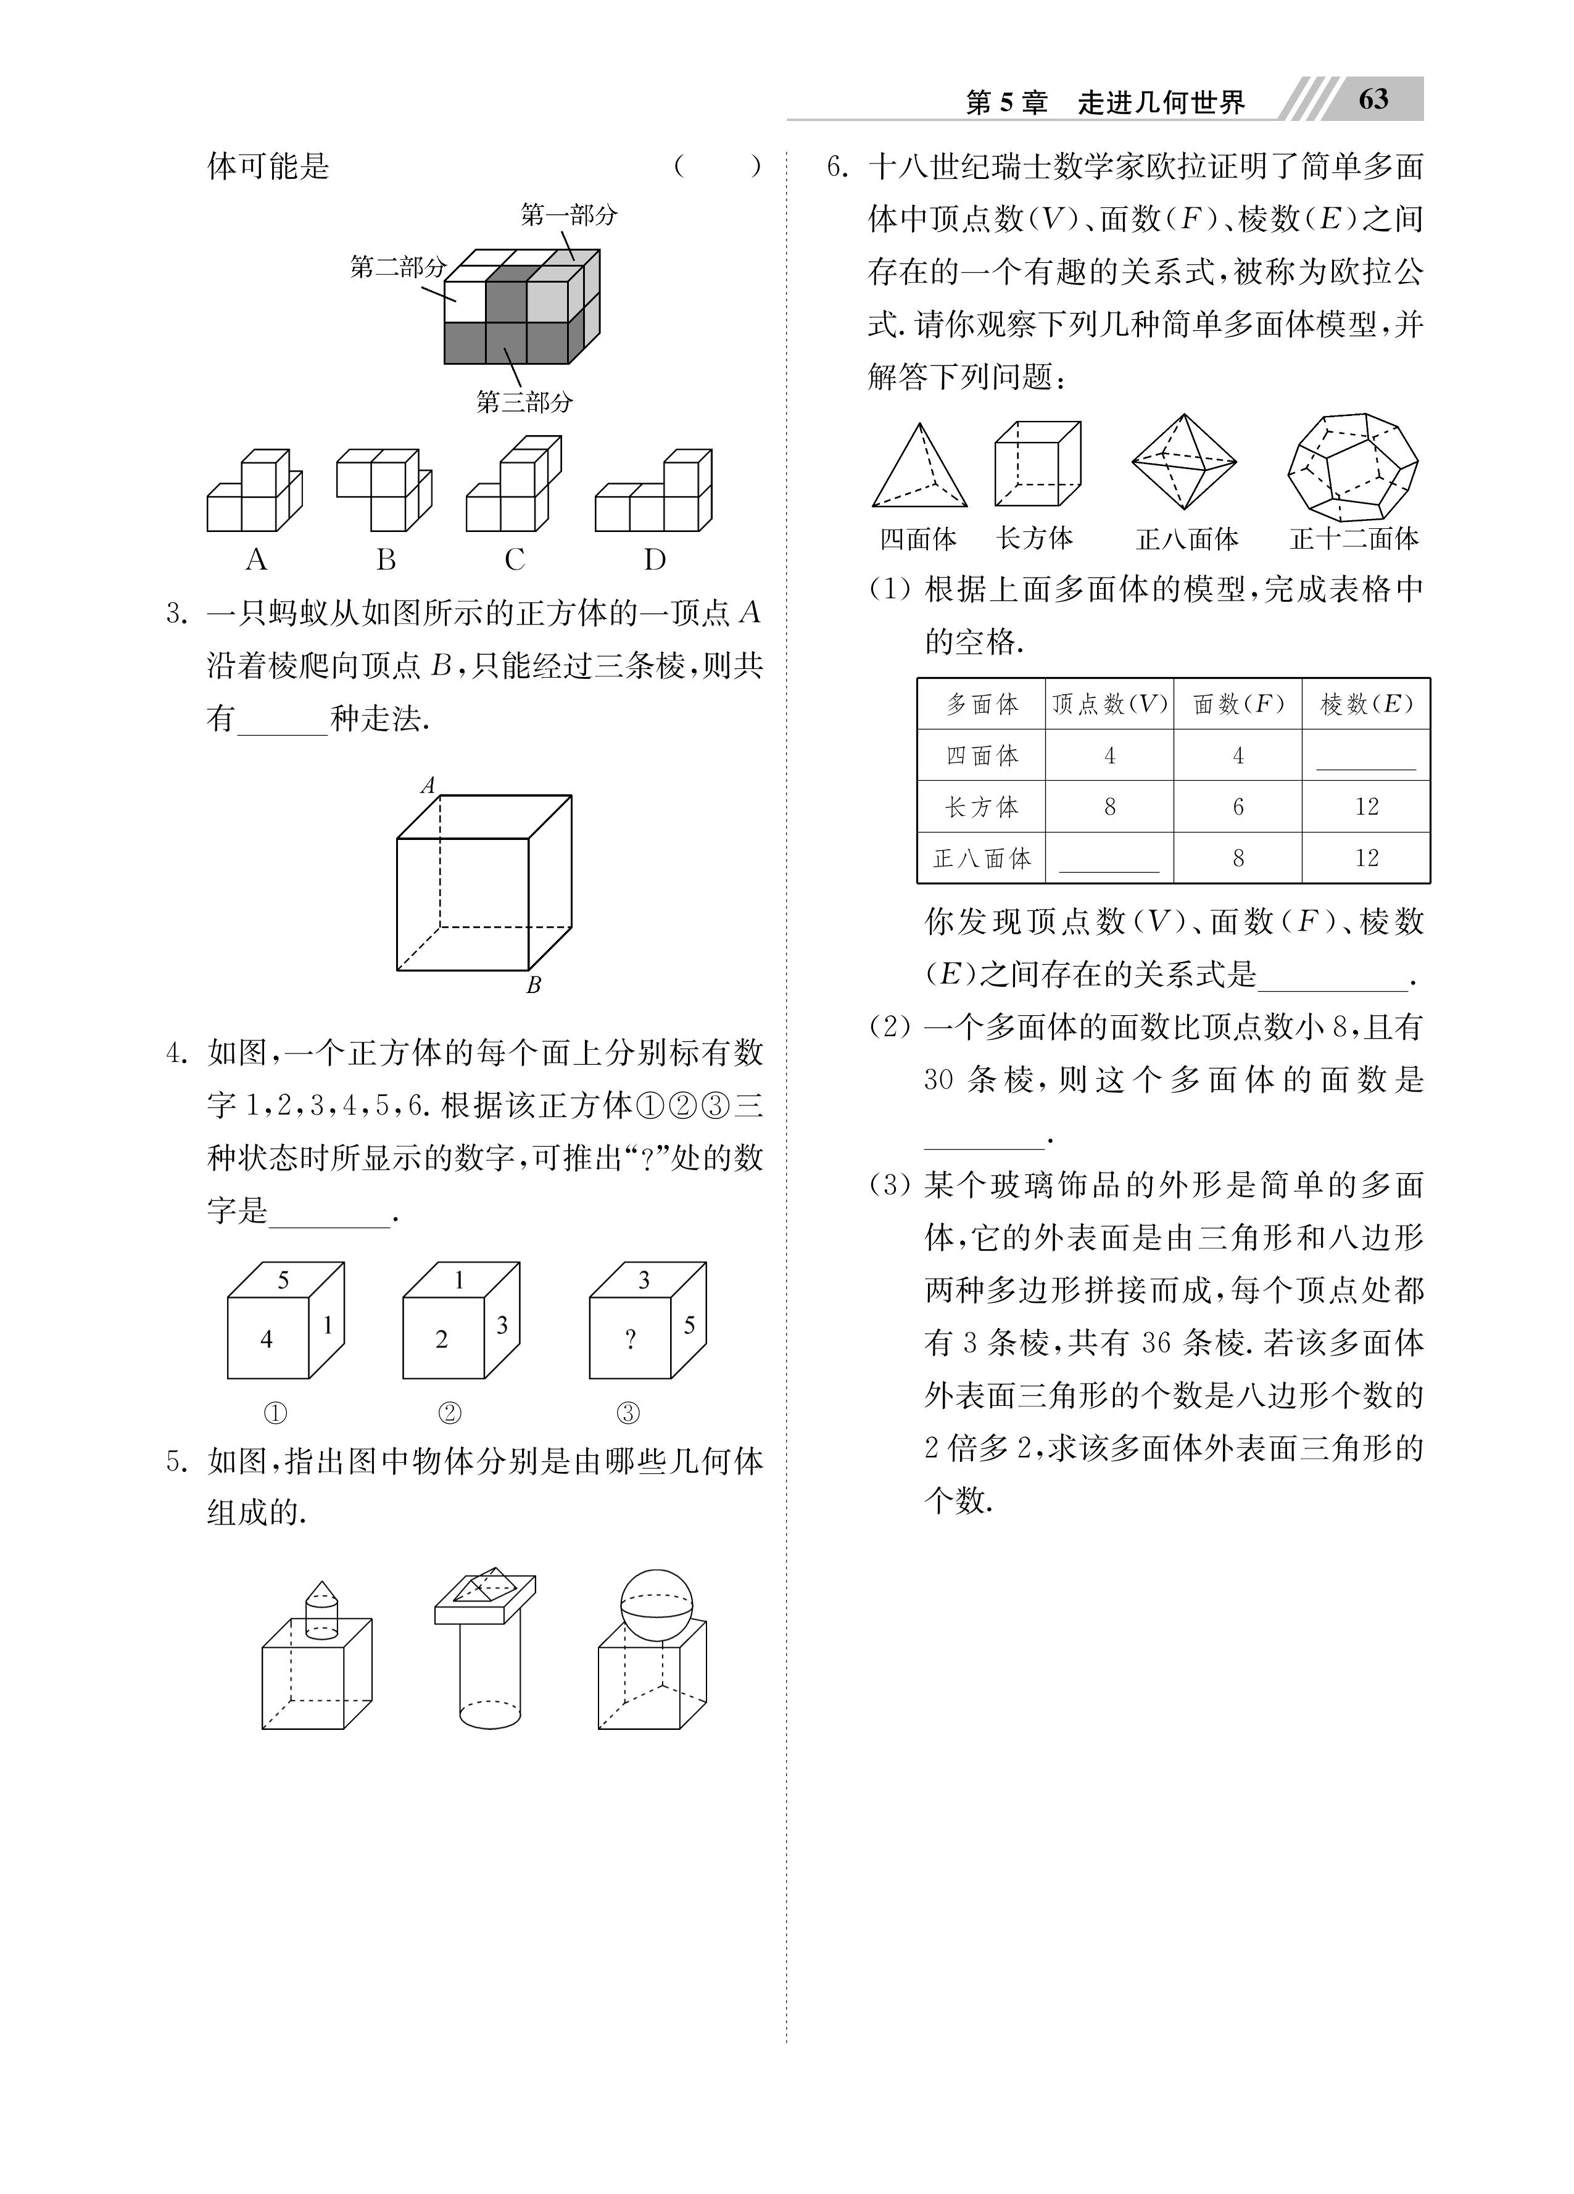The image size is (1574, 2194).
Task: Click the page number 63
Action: [1373, 99]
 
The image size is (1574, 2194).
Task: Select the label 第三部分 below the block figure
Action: [524, 401]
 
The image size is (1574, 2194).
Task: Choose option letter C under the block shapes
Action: [514, 559]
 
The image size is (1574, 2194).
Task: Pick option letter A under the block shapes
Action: [255, 559]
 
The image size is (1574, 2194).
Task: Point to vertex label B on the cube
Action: [533, 986]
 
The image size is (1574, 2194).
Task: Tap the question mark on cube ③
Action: [631, 1339]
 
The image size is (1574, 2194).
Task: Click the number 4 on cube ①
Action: [267, 1339]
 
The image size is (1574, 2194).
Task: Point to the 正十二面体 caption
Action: [1354, 539]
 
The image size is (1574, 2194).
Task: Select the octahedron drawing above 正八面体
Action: [1184, 462]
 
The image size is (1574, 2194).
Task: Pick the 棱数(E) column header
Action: [1366, 704]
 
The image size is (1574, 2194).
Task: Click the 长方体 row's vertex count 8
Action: [1109, 807]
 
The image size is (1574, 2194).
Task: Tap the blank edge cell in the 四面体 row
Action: [1366, 757]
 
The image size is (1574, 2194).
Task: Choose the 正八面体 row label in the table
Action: [982, 858]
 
